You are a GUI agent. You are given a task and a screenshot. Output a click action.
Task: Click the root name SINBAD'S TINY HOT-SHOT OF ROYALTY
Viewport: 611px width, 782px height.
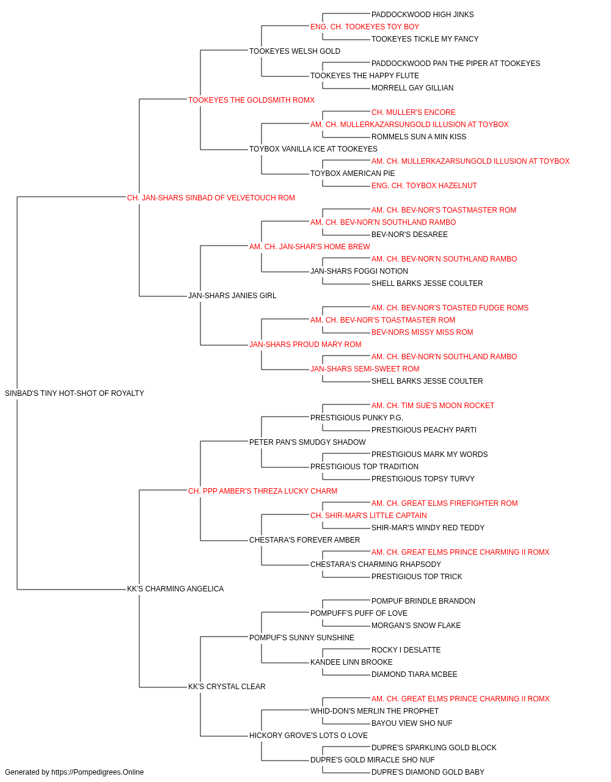75,393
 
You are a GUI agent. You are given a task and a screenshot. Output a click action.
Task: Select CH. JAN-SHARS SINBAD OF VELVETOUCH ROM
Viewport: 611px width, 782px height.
211,198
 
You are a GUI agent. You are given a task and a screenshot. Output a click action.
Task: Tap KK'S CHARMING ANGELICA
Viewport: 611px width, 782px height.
175,589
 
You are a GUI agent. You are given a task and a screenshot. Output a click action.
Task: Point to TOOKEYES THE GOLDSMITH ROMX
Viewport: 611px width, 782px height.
251,100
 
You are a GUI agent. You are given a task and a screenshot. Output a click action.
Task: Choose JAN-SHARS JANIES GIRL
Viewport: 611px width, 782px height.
232,296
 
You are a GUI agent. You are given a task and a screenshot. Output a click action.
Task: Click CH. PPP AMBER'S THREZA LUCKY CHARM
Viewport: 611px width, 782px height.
263,491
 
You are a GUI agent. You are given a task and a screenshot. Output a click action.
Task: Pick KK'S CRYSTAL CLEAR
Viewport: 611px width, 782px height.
227,687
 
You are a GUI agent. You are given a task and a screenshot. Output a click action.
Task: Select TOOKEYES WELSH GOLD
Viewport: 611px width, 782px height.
295,51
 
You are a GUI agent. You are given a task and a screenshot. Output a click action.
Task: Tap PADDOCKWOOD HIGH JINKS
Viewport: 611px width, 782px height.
422,15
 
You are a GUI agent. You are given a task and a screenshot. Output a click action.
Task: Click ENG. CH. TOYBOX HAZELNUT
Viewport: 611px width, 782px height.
424,186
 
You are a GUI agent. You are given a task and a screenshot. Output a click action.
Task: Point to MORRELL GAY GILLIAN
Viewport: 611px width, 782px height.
412,88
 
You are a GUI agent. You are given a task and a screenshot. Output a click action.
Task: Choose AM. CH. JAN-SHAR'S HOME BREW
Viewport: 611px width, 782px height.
309,247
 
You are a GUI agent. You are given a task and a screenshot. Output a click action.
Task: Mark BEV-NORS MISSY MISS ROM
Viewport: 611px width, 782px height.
422,332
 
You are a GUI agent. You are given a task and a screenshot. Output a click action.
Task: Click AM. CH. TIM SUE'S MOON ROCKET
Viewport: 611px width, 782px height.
433,406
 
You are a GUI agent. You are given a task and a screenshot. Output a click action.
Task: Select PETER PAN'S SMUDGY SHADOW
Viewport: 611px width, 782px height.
307,442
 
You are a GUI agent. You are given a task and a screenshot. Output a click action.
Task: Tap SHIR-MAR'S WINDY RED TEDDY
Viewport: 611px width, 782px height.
428,528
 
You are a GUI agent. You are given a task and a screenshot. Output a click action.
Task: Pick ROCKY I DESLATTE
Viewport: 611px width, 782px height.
406,650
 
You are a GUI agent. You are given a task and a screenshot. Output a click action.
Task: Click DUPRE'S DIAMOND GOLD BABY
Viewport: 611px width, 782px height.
428,772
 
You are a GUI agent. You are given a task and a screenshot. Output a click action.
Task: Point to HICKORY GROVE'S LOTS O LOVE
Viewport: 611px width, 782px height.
309,736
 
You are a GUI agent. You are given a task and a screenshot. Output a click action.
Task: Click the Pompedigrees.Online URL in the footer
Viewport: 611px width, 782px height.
97,772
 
